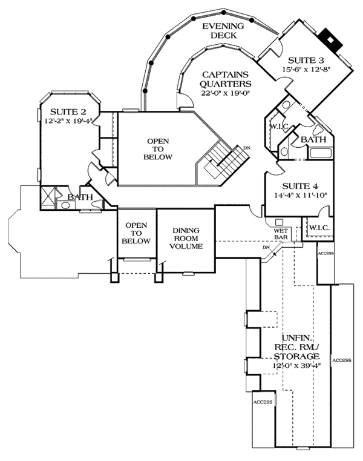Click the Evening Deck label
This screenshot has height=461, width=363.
(x=223, y=31)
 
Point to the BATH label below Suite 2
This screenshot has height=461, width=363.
(x=80, y=197)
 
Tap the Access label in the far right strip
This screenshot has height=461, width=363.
(x=342, y=360)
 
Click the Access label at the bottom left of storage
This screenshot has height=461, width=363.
(x=263, y=402)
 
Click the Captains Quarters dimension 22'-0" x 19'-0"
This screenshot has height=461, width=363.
(x=225, y=93)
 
